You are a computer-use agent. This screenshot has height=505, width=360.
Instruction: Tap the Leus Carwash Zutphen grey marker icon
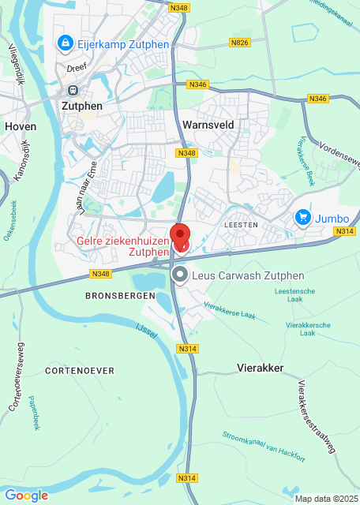(x=180, y=275)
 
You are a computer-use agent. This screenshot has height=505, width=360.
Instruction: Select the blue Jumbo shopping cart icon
(x=302, y=216)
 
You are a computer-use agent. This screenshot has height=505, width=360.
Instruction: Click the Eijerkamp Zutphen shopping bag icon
(x=66, y=43)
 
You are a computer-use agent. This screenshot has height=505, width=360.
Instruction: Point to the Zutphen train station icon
(x=73, y=89)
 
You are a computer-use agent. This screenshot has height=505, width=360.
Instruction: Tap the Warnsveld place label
(x=205, y=125)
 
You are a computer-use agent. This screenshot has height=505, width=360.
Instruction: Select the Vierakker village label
(x=261, y=368)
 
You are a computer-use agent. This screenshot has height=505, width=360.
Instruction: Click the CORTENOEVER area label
(x=80, y=370)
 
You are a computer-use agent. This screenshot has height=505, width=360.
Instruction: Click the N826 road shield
(x=240, y=42)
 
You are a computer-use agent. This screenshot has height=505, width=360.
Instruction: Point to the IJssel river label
(x=148, y=331)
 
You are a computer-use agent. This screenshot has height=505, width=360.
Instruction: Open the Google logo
(x=26, y=495)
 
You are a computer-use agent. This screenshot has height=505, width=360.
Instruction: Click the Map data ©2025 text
(x=326, y=499)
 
